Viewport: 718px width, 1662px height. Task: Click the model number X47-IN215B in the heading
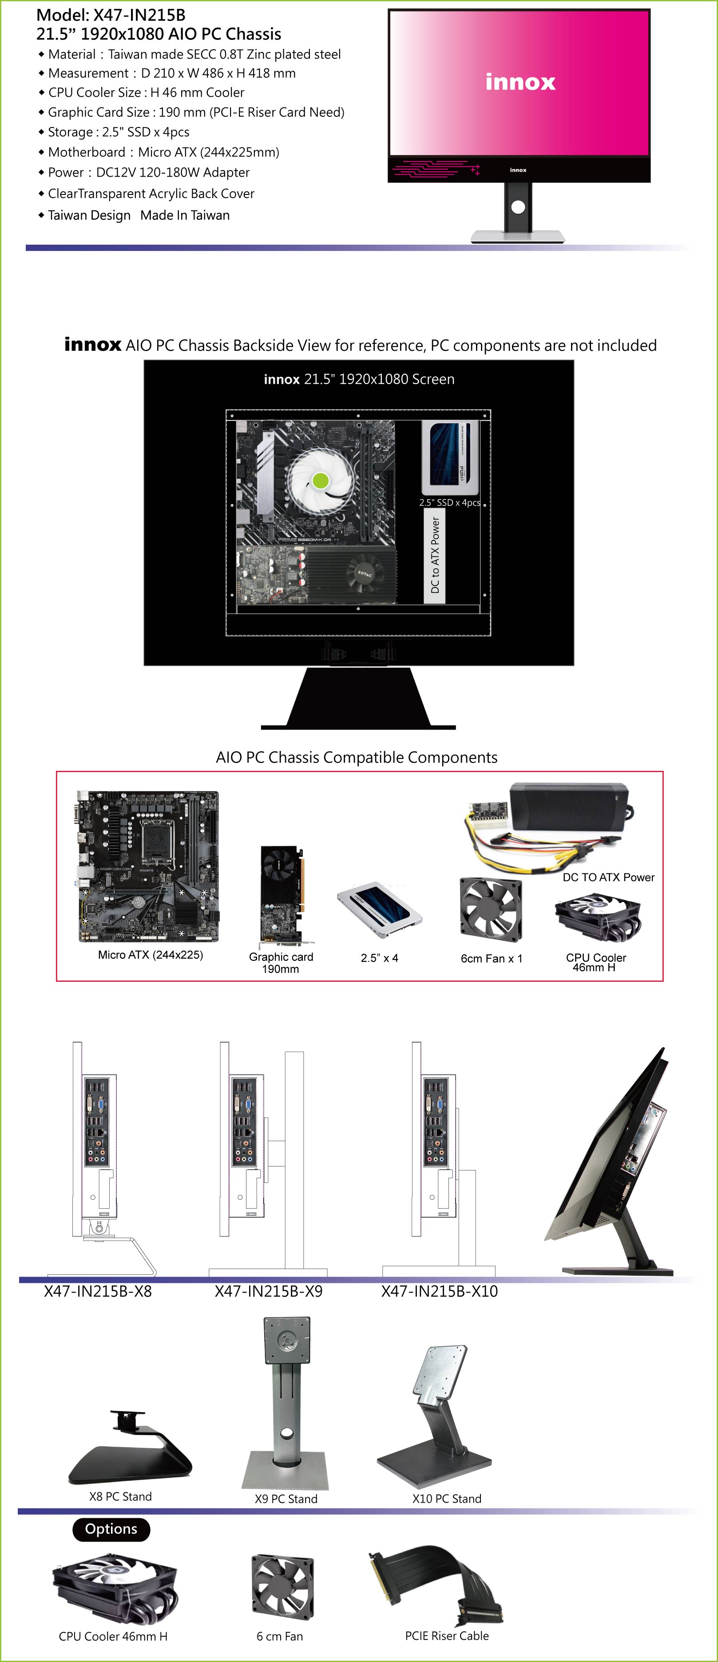[139, 15]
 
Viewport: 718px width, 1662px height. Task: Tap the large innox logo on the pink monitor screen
[520, 82]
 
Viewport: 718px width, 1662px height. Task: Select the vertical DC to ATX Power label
[435, 555]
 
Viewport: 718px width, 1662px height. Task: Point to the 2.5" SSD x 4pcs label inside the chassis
[450, 503]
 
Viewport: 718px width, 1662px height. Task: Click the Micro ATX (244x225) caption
[151, 955]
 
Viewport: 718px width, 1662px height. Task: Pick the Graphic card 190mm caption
[281, 963]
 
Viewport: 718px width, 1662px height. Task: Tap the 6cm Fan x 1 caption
[492, 959]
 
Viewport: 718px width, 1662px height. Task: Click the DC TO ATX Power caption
[608, 877]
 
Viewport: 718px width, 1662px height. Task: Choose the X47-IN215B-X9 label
[268, 1291]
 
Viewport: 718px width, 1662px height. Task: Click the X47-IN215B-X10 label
[439, 1291]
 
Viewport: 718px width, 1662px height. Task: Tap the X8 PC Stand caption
[121, 1496]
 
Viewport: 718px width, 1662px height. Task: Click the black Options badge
[111, 1529]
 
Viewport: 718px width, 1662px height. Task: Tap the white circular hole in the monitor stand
[518, 207]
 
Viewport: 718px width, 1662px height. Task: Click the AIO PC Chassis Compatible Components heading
[357, 758]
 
